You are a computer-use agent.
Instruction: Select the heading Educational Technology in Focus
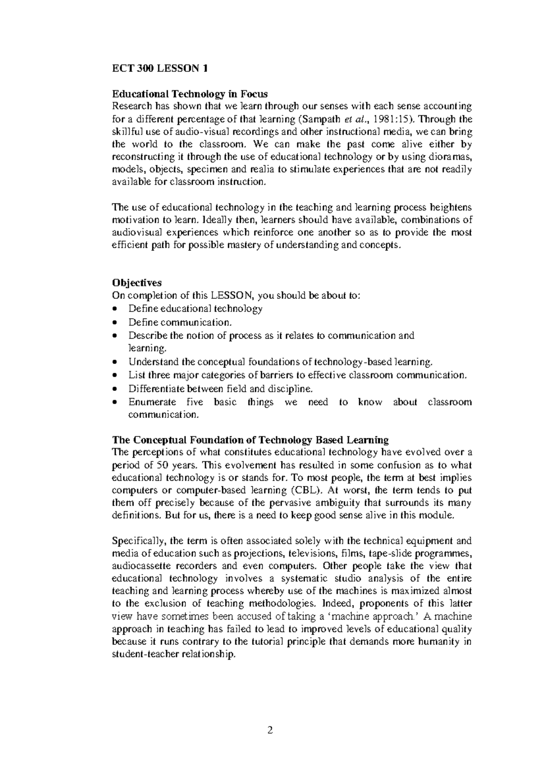190,94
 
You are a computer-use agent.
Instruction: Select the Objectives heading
136,283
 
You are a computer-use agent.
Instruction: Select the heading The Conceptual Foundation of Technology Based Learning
250,440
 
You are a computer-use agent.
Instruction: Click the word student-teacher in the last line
140,654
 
